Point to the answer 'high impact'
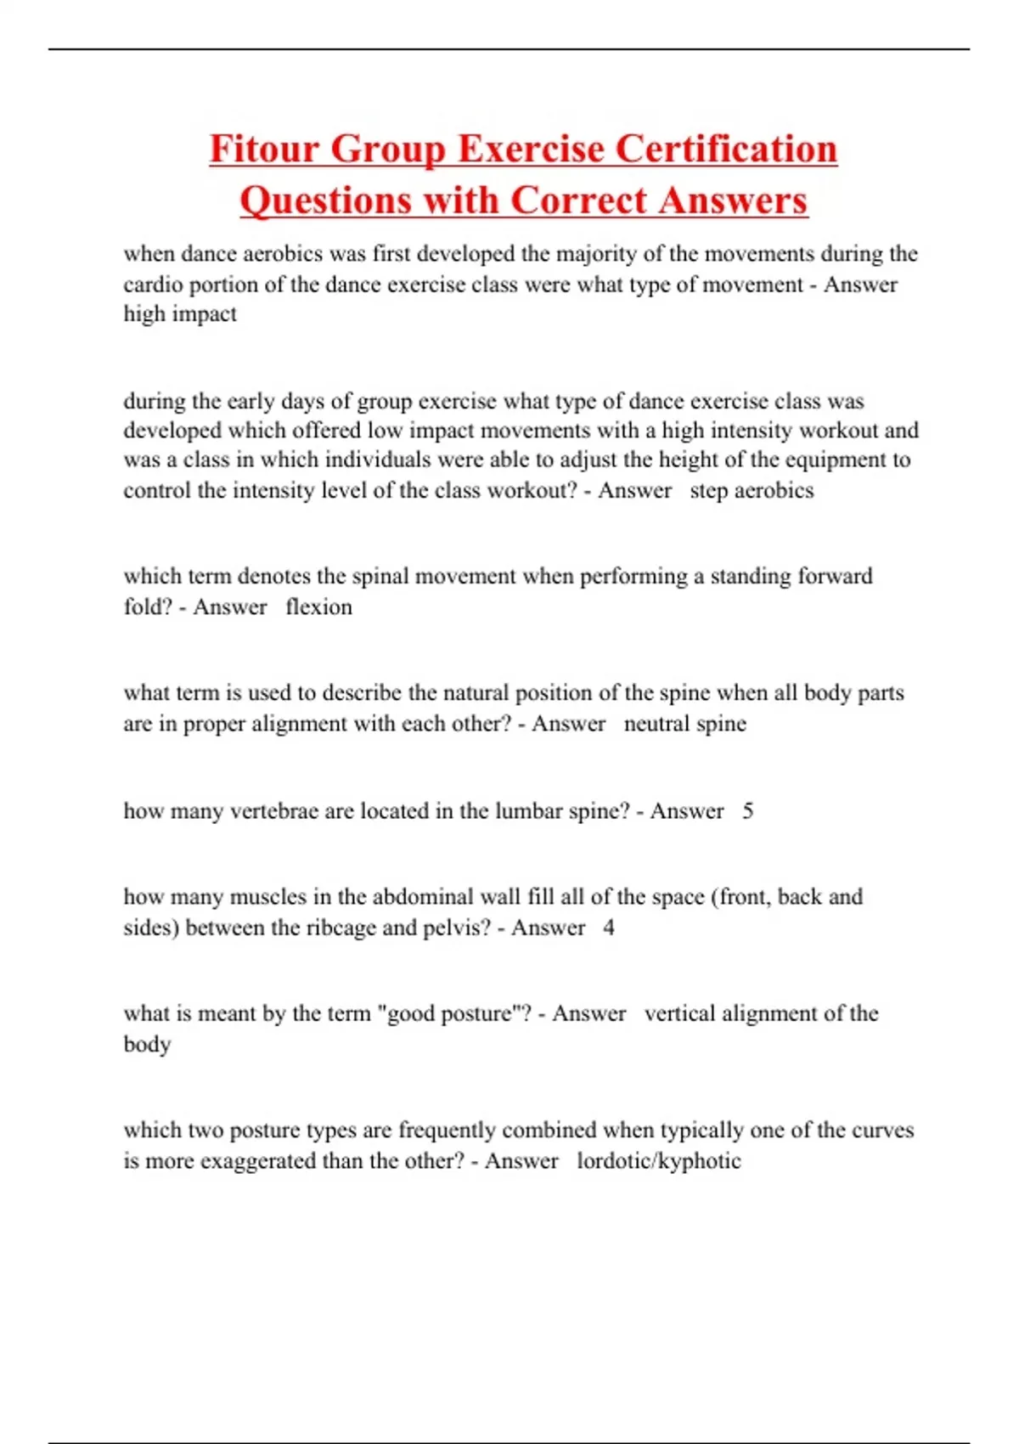tap(180, 314)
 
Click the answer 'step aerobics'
tap(752, 491)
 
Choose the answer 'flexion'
tap(319, 607)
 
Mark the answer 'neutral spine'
tap(685, 724)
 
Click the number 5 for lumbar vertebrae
tap(747, 811)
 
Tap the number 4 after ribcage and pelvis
tap(609, 928)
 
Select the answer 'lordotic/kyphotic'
tap(659, 1161)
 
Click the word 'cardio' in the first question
tap(154, 285)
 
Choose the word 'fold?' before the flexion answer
tap(148, 607)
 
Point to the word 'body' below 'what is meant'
tap(147, 1044)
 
